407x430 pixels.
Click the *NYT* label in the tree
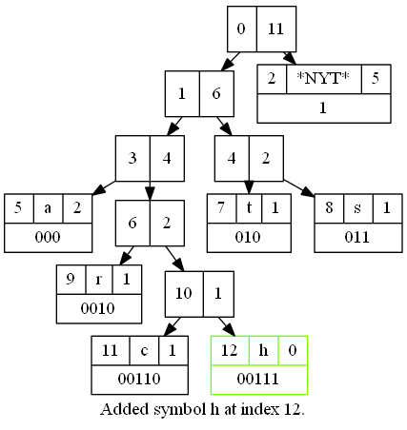[x=323, y=78]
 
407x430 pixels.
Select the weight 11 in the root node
[x=275, y=29]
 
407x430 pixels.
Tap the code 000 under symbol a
[x=48, y=237]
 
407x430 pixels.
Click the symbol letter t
[x=249, y=207]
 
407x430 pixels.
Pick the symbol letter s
[x=357, y=208]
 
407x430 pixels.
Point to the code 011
[x=357, y=237]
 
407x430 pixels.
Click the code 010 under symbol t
[x=248, y=237]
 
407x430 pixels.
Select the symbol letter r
[x=99, y=280]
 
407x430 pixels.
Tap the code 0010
[x=98, y=308]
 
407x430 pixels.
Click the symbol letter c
[x=144, y=350]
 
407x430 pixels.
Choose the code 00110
[x=139, y=379]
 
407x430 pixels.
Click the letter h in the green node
[x=263, y=350]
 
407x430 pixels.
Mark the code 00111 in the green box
[x=258, y=379]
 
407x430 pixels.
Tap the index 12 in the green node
[x=230, y=350]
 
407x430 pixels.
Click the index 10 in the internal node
[x=184, y=293]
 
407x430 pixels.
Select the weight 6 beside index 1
[x=216, y=93]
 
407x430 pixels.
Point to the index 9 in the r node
[x=71, y=279]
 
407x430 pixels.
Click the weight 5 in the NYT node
[x=376, y=78]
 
